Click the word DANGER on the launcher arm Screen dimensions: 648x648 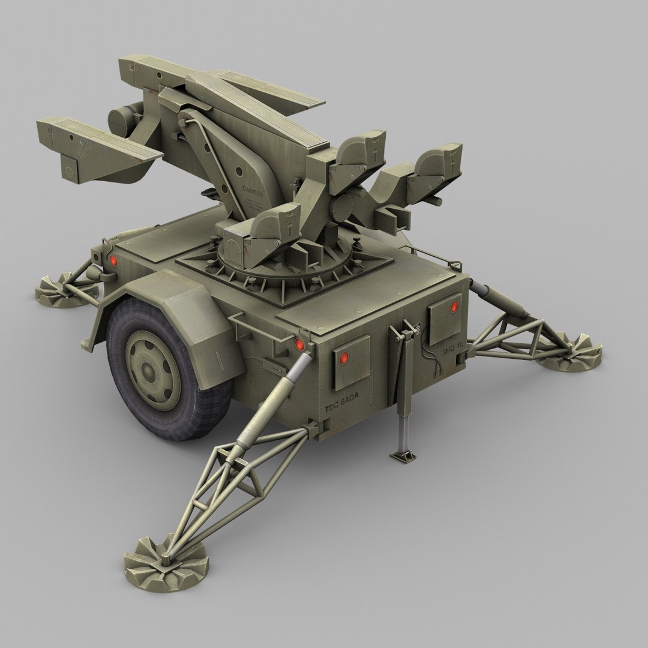[x=252, y=190]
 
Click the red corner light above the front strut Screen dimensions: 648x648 [x=299, y=344]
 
